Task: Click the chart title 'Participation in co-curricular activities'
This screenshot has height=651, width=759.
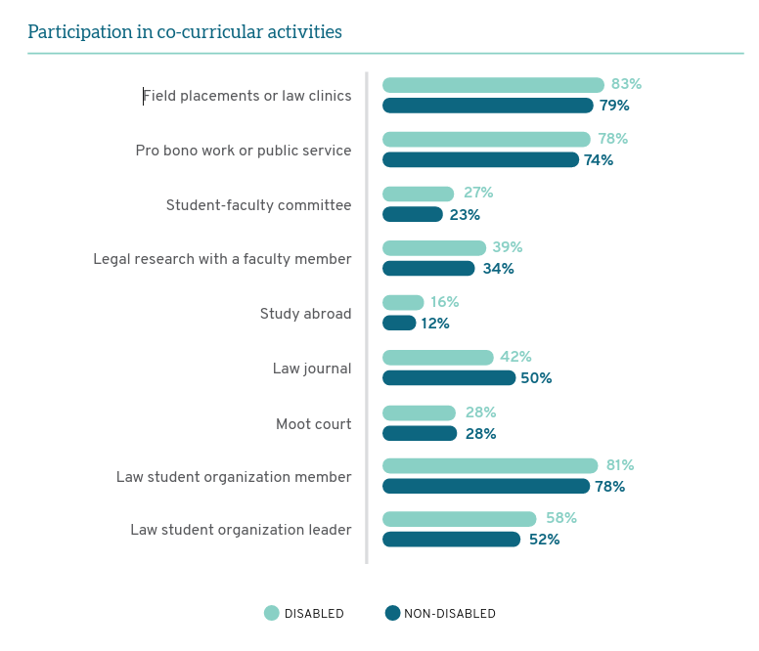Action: click(x=185, y=32)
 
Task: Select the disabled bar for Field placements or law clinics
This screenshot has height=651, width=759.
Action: click(x=493, y=85)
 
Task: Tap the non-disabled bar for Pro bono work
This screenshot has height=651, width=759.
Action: click(x=480, y=159)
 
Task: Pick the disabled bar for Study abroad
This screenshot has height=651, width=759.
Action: click(x=403, y=302)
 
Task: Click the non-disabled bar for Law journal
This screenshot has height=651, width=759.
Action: click(x=449, y=378)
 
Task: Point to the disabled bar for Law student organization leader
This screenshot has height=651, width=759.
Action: click(x=460, y=519)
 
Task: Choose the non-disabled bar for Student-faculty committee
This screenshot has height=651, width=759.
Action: click(x=413, y=214)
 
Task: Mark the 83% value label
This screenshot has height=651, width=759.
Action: click(x=626, y=84)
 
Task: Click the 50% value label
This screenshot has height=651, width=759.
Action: click(x=536, y=378)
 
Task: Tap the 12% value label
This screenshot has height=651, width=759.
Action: click(x=435, y=324)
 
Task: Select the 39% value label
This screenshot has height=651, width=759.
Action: click(x=507, y=247)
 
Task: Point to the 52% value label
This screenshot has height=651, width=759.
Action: click(x=544, y=540)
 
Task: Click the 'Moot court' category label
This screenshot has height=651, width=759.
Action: click(x=313, y=424)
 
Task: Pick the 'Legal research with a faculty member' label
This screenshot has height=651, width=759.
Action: click(x=222, y=259)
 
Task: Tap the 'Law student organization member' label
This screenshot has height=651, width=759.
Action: click(x=234, y=477)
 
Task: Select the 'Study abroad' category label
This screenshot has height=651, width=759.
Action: click(x=305, y=314)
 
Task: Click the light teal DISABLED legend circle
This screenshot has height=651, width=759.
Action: click(x=272, y=613)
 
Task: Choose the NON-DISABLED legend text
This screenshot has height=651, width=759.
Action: click(x=450, y=614)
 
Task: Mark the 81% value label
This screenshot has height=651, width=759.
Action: click(x=620, y=465)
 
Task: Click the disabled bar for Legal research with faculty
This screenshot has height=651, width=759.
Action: click(x=434, y=247)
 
